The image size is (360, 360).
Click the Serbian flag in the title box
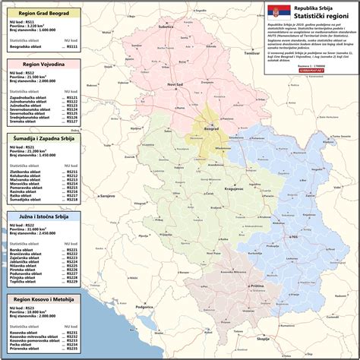click(x=274, y=12)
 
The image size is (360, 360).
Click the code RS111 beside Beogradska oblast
click(x=72, y=46)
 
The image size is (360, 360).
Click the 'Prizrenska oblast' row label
click(x=25, y=349)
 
